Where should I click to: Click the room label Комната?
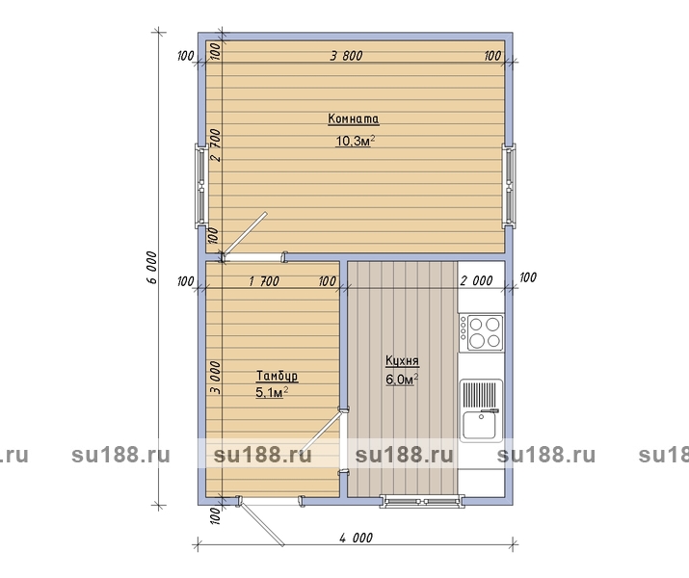pyautogui.click(x=354, y=118)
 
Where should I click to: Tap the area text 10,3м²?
pyautogui.click(x=355, y=141)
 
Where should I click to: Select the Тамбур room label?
pyautogui.click(x=277, y=376)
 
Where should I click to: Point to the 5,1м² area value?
pyautogui.click(x=272, y=392)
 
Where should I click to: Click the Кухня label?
pyautogui.click(x=402, y=360)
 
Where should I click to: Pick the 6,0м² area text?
pyautogui.click(x=402, y=379)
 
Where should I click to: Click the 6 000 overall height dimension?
pyautogui.click(x=151, y=268)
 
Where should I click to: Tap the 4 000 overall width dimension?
pyautogui.click(x=356, y=538)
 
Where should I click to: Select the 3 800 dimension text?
pyautogui.click(x=347, y=56)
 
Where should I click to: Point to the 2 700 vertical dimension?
pyautogui.click(x=216, y=145)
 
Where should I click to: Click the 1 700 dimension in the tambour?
pyautogui.click(x=264, y=281)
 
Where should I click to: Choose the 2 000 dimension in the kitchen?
pyautogui.click(x=476, y=280)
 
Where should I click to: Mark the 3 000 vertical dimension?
pyautogui.click(x=215, y=378)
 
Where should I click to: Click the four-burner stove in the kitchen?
pyautogui.click(x=481, y=332)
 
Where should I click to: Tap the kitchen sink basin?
pyautogui.click(x=480, y=425)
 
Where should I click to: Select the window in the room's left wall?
pyautogui.click(x=201, y=187)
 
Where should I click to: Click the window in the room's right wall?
pyautogui.click(x=509, y=186)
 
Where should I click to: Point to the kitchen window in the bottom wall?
pyautogui.click(x=422, y=501)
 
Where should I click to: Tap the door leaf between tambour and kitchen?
pyautogui.click(x=320, y=434)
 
